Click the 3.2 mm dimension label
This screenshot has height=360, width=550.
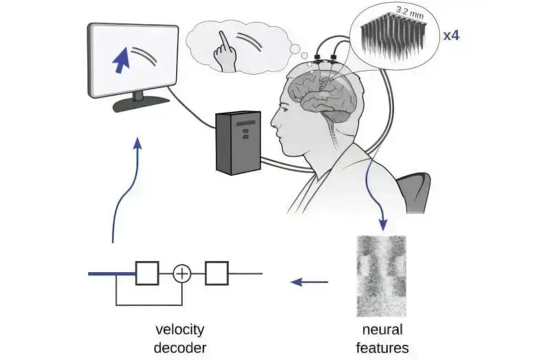coord(410,11)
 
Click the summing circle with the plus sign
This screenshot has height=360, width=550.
coord(181,274)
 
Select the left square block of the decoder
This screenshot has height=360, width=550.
coord(147,273)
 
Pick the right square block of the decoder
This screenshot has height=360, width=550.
coord(216,273)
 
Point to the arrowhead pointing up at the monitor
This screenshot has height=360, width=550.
coord(138,142)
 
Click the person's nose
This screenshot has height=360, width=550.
coord(274,126)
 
